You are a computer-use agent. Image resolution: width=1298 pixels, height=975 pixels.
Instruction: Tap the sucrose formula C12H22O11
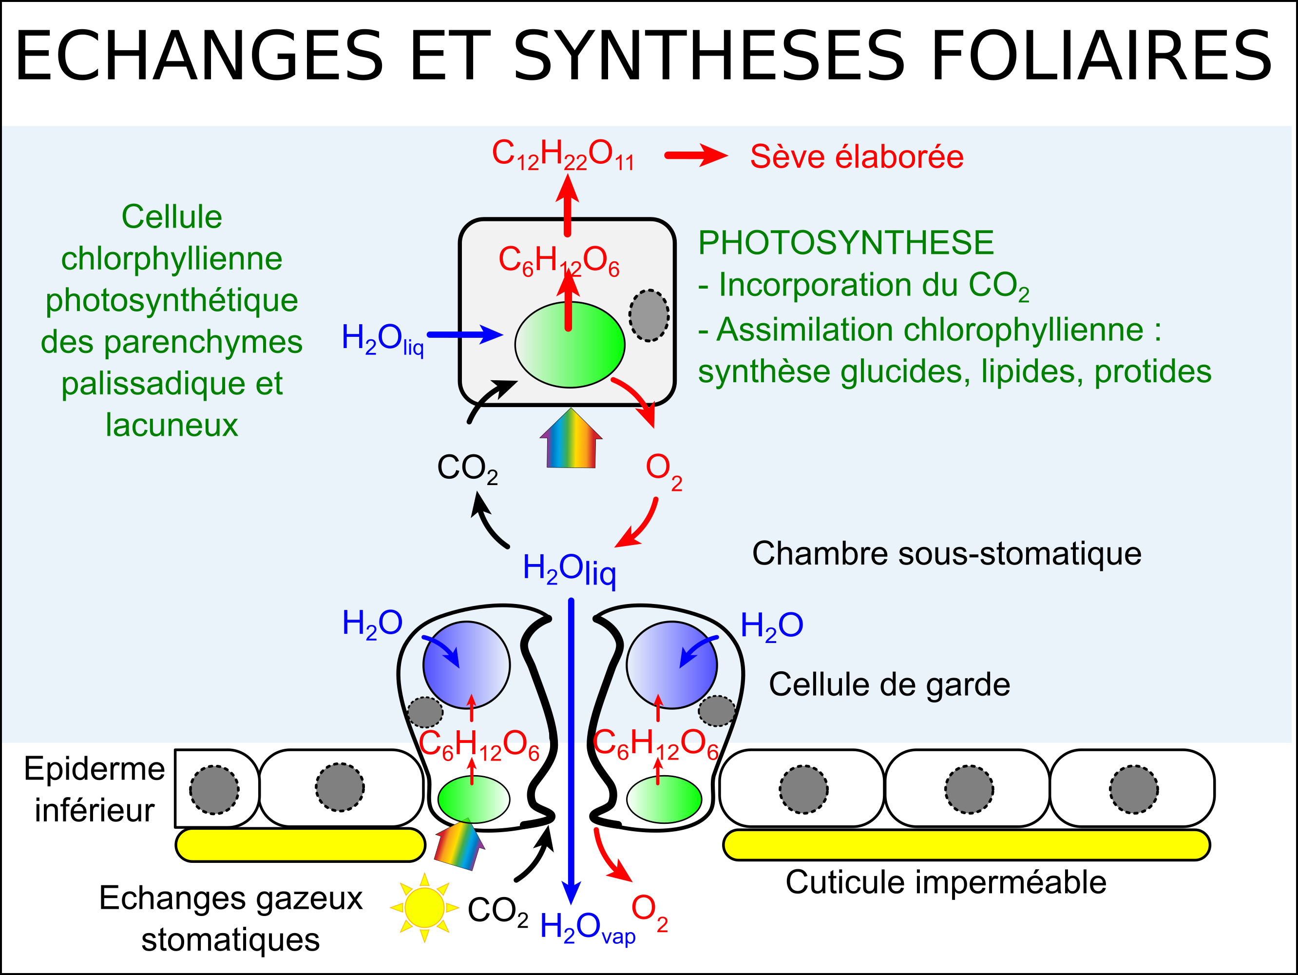click(x=563, y=155)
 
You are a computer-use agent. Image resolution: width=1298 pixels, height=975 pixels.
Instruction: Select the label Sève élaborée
click(x=857, y=156)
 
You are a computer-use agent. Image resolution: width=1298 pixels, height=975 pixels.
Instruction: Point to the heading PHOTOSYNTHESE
click(x=845, y=242)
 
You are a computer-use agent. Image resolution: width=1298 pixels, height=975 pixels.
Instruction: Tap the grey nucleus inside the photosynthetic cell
click(x=649, y=315)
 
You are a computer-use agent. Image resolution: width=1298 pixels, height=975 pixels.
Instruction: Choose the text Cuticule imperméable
click(x=946, y=882)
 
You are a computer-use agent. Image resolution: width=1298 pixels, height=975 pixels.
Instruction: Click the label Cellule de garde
click(x=890, y=684)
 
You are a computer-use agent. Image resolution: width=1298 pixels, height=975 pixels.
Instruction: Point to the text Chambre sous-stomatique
click(x=947, y=553)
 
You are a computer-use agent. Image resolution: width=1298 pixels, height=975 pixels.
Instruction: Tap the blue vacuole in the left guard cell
click(x=466, y=665)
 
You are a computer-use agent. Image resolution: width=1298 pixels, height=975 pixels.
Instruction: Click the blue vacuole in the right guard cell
click(x=671, y=665)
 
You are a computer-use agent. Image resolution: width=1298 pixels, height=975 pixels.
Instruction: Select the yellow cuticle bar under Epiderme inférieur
click(x=301, y=845)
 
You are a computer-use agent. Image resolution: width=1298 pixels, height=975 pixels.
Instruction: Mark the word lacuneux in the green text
click(x=172, y=425)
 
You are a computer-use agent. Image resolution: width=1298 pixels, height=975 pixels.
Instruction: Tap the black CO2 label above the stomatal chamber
click(x=467, y=468)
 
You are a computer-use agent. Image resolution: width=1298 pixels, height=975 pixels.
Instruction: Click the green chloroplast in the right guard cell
click(x=664, y=799)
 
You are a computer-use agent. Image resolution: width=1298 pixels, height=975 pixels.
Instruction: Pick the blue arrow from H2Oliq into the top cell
click(x=465, y=334)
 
